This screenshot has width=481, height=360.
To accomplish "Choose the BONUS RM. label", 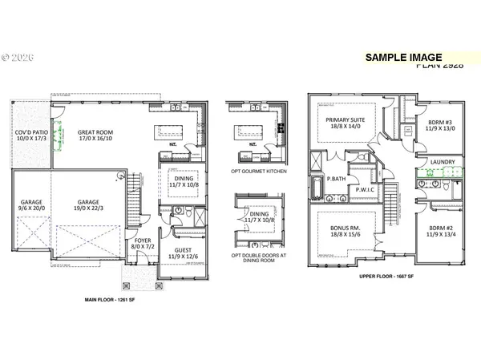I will (344, 227).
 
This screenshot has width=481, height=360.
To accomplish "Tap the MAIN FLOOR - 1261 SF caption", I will (114, 301).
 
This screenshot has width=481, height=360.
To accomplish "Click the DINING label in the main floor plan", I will (184, 180).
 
